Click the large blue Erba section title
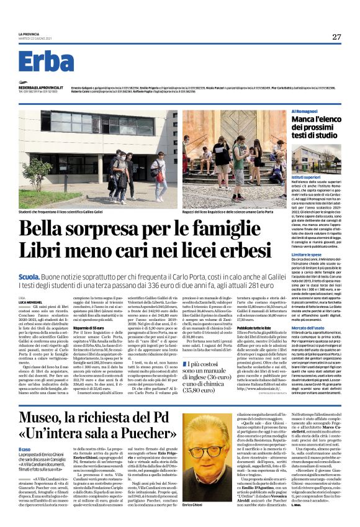46,61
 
